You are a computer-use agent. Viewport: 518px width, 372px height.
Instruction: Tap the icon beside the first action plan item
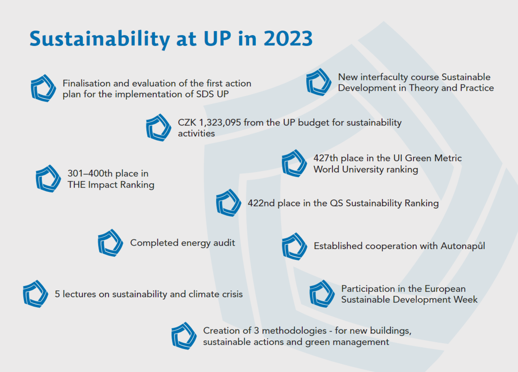(43, 88)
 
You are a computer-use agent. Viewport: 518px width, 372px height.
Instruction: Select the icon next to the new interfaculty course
(318, 82)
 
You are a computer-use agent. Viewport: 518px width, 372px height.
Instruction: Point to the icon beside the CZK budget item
(159, 127)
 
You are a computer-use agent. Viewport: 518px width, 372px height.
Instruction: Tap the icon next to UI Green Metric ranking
(294, 163)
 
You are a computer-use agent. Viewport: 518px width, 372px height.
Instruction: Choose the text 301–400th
(91, 174)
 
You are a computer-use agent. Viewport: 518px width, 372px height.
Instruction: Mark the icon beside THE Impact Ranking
(49, 179)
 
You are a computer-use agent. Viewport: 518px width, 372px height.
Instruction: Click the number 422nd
(261, 203)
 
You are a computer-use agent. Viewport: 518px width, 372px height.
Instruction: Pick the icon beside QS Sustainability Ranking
(229, 202)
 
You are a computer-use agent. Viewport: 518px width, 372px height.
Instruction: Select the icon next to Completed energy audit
(110, 242)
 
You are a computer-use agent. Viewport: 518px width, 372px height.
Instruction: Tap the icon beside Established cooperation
(295, 246)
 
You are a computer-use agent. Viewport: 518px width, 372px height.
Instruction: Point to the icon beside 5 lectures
(36, 293)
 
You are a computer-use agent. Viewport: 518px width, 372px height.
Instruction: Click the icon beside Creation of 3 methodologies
(184, 336)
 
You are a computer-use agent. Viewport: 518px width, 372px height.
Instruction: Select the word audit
(225, 243)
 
